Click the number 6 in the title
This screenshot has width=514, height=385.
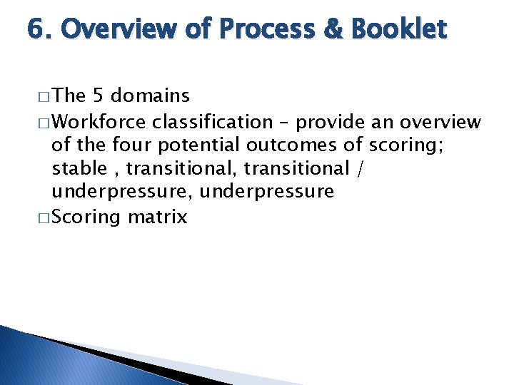click(34, 30)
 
